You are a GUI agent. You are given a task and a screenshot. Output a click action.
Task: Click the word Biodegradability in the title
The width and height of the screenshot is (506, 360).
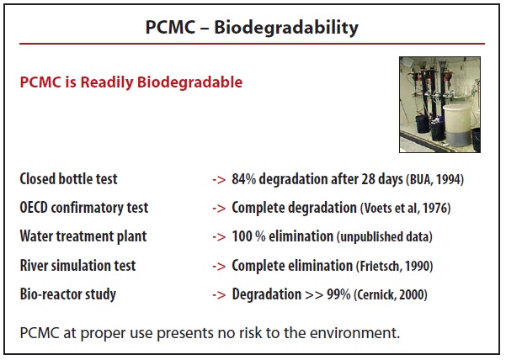coord(286,28)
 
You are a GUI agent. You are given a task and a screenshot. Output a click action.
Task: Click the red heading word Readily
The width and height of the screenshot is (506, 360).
coord(106,82)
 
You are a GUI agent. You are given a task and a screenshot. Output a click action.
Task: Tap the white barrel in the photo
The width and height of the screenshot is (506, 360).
coord(458,124)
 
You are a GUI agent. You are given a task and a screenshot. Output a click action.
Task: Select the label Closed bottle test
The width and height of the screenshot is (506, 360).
coord(68,179)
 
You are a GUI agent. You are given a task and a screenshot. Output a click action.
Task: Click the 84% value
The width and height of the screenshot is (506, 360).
coord(244,179)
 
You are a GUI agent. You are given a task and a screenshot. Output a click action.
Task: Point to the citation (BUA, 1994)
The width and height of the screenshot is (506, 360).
coord(435,179)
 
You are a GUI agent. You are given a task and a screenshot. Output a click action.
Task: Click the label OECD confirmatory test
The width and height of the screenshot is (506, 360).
coord(84,208)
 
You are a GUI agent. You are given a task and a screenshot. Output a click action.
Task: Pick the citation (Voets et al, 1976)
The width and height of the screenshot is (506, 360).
coord(405,208)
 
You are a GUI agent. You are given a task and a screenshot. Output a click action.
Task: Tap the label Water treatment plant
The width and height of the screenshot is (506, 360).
coord(83,236)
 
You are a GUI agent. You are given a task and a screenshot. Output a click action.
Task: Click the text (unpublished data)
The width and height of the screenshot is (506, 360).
coord(385,237)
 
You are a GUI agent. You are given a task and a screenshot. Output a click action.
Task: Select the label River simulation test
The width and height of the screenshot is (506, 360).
coord(77,266)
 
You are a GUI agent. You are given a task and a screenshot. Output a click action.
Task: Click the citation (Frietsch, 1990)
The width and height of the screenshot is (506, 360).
coord(395,266)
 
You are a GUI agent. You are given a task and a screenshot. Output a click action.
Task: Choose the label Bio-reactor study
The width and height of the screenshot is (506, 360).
coord(67,294)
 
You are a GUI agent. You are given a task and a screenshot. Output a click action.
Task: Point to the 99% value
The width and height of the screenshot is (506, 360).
coord(338,294)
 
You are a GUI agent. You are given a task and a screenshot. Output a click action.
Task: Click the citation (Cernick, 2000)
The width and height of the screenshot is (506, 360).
coord(391,295)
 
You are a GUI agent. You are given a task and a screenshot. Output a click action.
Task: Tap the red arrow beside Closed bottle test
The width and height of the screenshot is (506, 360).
coord(219,180)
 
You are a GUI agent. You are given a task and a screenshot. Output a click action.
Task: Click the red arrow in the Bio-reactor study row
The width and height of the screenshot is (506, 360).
coord(219,295)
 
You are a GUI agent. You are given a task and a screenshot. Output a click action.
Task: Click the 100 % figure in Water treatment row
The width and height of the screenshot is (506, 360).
coord(248,236)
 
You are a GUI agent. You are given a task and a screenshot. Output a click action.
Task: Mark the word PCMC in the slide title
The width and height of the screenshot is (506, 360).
coord(170,28)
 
